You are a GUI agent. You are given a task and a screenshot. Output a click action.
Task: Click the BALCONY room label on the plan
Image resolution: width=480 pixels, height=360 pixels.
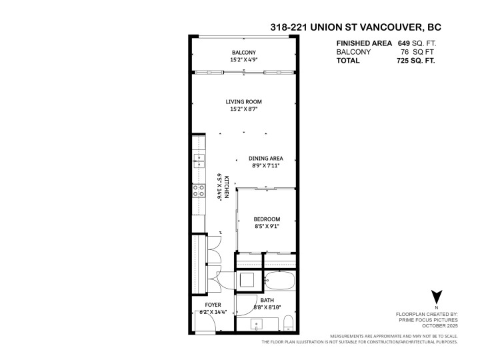(x=243, y=53)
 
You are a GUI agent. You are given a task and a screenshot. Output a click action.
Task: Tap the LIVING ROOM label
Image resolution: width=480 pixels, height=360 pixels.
(x=241, y=102)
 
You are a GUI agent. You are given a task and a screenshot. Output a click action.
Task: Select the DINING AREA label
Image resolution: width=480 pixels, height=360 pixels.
(x=266, y=158)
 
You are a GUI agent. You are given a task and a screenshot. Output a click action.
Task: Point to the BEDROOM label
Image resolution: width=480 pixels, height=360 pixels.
(x=267, y=219)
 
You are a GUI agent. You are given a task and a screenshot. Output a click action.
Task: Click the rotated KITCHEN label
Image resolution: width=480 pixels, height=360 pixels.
(x=227, y=187)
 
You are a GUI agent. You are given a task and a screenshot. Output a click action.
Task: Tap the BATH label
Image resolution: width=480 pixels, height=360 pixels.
(x=267, y=301)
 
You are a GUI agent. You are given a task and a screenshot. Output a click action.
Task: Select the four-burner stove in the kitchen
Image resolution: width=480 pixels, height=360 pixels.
(x=198, y=191)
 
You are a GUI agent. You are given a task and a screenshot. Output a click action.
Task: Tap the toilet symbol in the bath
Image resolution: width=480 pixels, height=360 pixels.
(x=287, y=325)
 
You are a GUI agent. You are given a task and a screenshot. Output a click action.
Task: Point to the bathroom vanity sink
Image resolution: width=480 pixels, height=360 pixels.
(x=258, y=324)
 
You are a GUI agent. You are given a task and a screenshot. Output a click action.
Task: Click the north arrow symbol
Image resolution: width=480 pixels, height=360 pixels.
(x=437, y=297)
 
